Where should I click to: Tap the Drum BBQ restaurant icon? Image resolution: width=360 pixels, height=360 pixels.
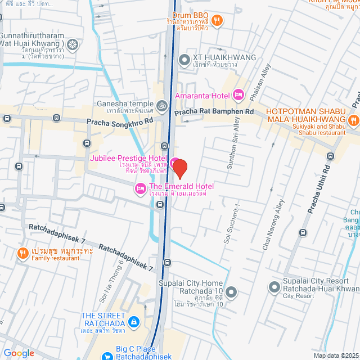tap(218, 21)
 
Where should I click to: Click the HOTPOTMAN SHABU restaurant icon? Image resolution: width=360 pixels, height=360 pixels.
tap(353, 119)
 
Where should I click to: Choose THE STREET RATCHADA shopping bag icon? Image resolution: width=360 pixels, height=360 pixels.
tap(133, 322)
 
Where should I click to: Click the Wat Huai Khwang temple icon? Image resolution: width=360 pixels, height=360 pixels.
tap(73, 44)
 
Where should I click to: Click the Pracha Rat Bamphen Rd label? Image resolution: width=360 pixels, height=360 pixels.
tap(214, 112)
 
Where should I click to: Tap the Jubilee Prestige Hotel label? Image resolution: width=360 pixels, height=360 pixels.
tap(129, 159)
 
